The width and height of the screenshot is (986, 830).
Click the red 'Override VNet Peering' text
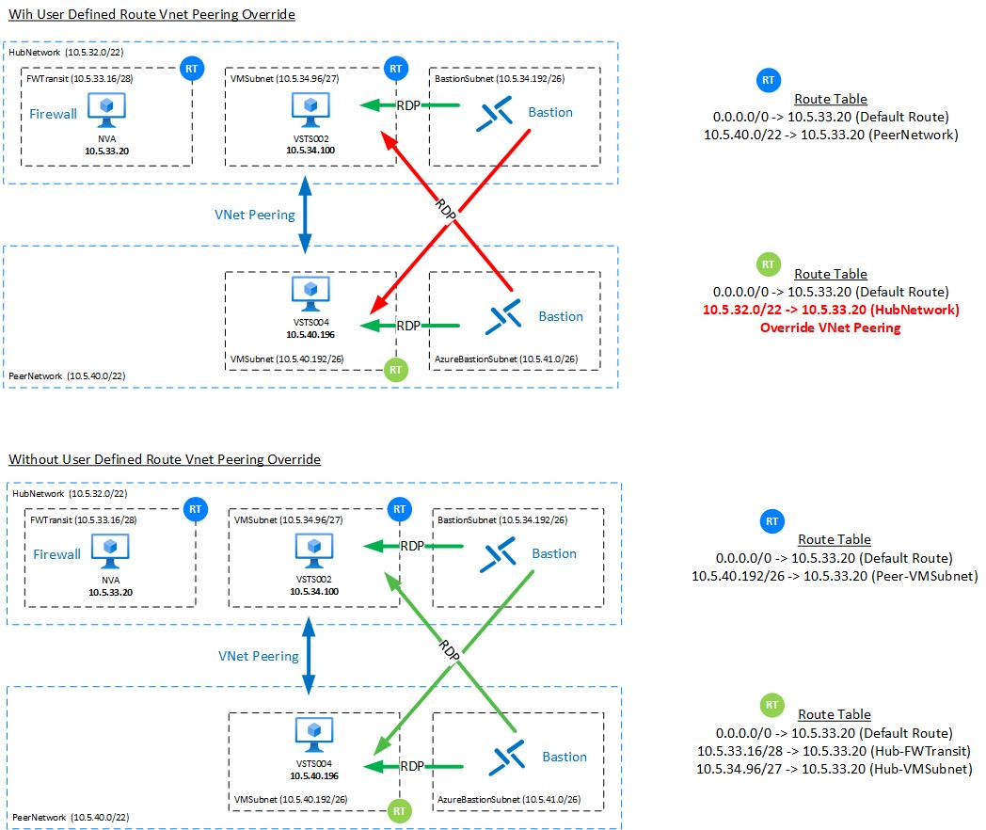click(x=830, y=327)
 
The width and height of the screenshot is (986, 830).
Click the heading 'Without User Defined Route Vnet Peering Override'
click(x=165, y=459)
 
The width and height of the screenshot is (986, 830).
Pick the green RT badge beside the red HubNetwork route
click(x=769, y=263)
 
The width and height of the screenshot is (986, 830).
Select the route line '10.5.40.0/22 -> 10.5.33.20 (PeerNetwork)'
click(x=830, y=135)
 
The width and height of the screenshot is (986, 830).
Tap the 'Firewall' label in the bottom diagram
click(x=56, y=554)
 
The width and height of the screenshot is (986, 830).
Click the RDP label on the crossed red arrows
click(x=448, y=208)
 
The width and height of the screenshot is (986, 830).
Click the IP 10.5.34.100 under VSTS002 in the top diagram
click(x=310, y=149)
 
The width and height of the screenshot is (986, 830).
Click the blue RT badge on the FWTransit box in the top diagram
click(x=191, y=69)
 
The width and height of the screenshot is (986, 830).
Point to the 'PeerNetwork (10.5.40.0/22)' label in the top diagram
click(x=66, y=375)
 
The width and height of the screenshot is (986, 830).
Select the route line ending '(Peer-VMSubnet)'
click(x=834, y=575)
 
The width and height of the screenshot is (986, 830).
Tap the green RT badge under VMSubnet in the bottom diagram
click(x=399, y=809)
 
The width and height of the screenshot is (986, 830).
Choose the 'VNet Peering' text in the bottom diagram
click(x=259, y=656)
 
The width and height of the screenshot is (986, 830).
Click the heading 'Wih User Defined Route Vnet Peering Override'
click(x=151, y=15)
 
